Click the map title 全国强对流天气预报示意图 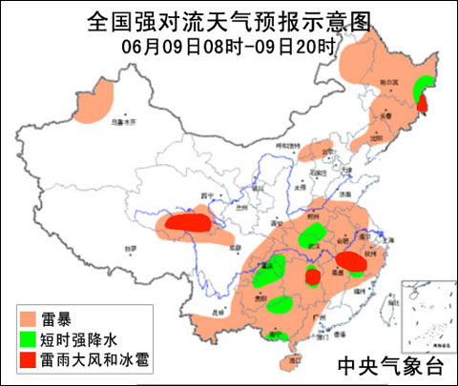229,20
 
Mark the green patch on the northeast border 419,87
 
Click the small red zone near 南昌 312,277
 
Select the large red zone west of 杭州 349,260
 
